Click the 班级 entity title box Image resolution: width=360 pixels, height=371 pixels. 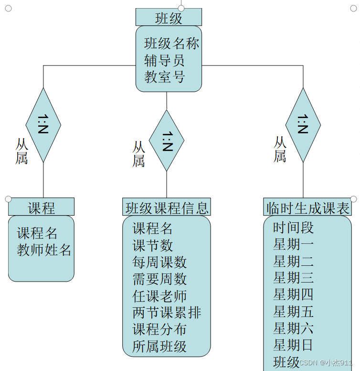tap(169, 18)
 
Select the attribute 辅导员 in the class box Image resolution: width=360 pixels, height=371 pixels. tap(164, 60)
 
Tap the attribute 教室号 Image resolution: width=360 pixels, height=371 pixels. tap(164, 76)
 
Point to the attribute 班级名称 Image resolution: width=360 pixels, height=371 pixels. tap(171, 44)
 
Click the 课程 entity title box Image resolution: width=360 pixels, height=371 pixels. tap(41, 207)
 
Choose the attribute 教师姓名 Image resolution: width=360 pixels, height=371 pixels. tap(44, 250)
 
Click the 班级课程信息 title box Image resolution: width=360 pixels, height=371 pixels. tap(167, 207)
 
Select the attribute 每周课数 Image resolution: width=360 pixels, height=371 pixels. tap(159, 262)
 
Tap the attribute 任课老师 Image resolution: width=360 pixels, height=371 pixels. tap(159, 296)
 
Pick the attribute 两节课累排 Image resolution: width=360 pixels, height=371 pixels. tap(167, 313)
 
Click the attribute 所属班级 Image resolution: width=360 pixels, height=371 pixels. tap(159, 346)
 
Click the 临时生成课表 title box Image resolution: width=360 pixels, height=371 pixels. tap(307, 207)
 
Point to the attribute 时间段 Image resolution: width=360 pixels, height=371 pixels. tap(293, 228)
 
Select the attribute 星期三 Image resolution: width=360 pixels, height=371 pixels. tap(293, 277)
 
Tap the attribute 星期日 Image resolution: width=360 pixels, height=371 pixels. tap(293, 344)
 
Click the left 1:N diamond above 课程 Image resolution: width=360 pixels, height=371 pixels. tap(43, 125)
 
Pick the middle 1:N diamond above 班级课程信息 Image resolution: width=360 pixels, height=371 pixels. tap(167, 141)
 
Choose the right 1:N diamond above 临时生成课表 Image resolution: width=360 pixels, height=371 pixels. tap(303, 125)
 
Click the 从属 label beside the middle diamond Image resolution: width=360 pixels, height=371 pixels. tap(138, 153)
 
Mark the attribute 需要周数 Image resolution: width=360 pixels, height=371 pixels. tap(159, 279)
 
